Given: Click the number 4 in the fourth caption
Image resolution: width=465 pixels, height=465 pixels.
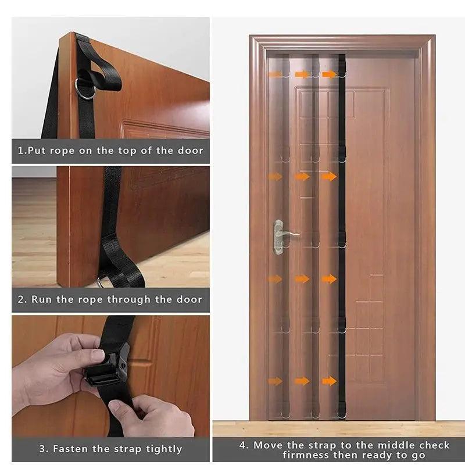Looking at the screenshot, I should pos(242,445).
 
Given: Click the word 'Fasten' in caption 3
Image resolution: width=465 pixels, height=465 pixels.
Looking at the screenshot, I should pos(71,449).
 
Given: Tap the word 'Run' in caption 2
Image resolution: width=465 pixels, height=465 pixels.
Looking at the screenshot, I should pos(41,300).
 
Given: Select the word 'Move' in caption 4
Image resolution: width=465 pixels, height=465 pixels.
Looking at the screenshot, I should pos(267,445).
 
